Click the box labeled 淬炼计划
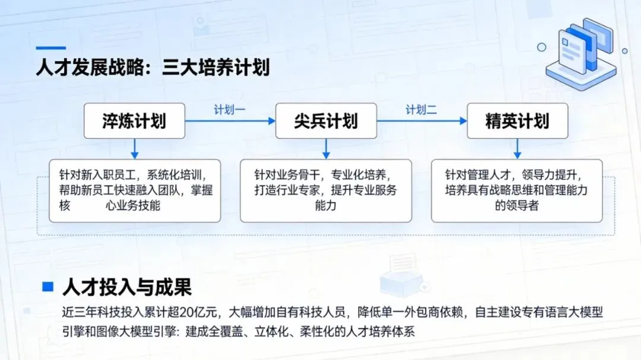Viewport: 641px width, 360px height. (134, 121)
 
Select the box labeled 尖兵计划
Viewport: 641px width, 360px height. (326, 121)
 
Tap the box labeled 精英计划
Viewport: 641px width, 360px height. (517, 121)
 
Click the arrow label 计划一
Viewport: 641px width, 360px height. (230, 110)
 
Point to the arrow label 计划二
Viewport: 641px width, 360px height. (421, 110)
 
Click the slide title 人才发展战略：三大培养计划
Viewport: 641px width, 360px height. (153, 67)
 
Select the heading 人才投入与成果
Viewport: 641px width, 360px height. (127, 288)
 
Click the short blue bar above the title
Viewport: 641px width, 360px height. (50, 47)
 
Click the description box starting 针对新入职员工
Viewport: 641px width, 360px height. (134, 190)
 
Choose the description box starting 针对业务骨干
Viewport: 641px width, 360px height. (326, 190)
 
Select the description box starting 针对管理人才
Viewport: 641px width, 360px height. (517, 190)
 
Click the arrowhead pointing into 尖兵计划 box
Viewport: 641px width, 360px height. (272, 121)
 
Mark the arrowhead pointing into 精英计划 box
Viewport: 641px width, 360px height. (464, 121)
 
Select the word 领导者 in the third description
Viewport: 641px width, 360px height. (517, 206)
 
